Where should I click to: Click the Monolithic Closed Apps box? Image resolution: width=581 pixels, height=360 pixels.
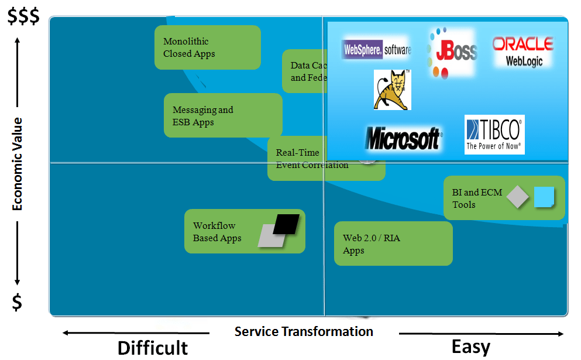(208, 47)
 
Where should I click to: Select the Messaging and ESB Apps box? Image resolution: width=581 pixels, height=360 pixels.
(223, 116)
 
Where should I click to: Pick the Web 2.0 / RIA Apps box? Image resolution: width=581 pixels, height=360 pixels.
(394, 244)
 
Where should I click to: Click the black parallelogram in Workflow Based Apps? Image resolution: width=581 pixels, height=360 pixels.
(286, 224)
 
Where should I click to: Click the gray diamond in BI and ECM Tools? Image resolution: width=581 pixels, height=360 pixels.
(518, 197)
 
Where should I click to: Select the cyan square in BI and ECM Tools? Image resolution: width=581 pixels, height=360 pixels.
(544, 197)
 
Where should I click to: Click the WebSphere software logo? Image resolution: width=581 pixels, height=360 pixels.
(377, 49)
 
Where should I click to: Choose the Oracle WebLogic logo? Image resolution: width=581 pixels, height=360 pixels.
(522, 52)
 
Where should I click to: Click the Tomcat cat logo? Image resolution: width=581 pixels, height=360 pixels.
(393, 90)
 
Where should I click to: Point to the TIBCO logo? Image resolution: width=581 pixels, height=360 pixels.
(494, 135)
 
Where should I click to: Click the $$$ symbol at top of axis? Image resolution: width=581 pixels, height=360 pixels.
(23, 17)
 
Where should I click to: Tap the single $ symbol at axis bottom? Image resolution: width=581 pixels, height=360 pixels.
(18, 302)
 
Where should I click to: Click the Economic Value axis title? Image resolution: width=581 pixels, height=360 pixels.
(18, 164)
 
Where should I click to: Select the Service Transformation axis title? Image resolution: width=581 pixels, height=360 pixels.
(304, 331)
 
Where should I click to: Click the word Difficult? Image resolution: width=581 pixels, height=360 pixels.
(153, 348)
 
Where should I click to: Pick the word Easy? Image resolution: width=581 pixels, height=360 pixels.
(471, 347)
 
